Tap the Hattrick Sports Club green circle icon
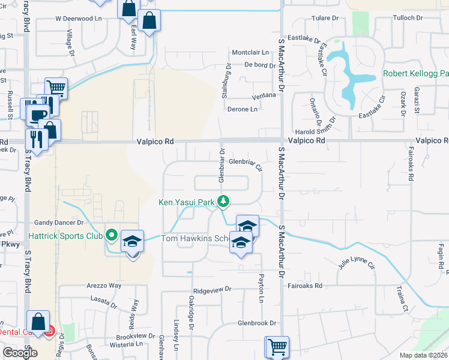point(111,234)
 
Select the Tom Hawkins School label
point(196,238)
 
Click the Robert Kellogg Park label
point(416,74)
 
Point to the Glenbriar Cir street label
point(246,161)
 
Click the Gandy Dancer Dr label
point(58,222)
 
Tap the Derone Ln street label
point(243,109)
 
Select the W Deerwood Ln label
point(78,19)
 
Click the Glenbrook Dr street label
point(256,322)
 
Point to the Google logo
point(20,353)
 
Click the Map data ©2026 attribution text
point(424,355)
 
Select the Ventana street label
point(264,95)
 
